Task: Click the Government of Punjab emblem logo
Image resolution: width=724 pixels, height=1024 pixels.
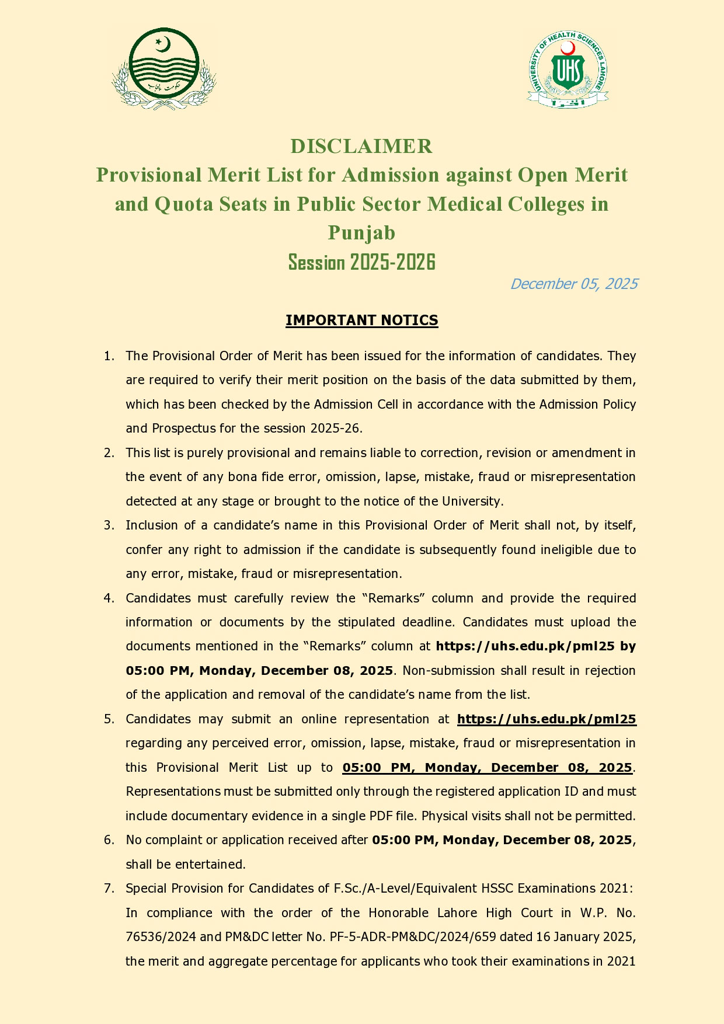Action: click(x=164, y=68)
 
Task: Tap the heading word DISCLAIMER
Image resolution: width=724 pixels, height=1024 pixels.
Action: click(x=361, y=146)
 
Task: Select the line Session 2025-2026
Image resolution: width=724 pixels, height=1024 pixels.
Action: click(x=361, y=263)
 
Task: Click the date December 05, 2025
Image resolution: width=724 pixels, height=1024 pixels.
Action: click(x=573, y=284)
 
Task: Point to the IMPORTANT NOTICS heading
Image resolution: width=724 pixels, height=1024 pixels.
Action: click(x=361, y=320)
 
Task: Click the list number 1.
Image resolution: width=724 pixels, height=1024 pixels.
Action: click(x=109, y=356)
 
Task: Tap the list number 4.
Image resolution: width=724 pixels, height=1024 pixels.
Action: click(x=109, y=598)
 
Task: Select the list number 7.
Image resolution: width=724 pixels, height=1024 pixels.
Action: click(x=109, y=889)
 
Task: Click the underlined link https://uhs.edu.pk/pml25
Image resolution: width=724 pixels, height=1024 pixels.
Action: click(x=547, y=719)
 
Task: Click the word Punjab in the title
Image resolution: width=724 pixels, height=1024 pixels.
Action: click(x=361, y=233)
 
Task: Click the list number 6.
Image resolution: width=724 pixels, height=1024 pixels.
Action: click(x=109, y=840)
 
